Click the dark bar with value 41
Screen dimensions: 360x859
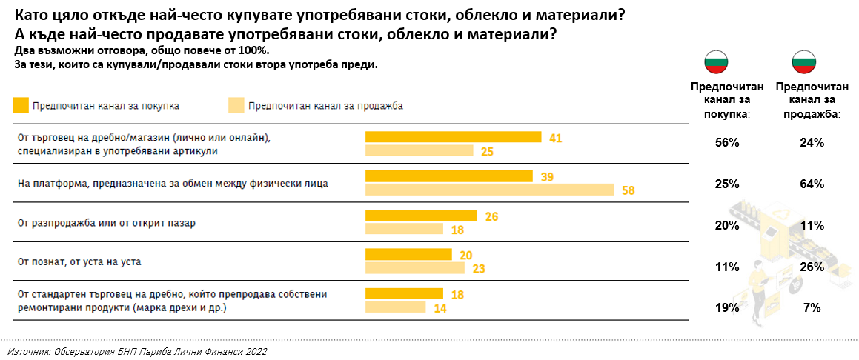pyautogui.click(x=454, y=137)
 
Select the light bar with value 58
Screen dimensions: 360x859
pyautogui.click(x=490, y=190)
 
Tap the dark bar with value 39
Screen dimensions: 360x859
pyautogui.click(x=449, y=176)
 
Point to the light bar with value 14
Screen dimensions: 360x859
pyautogui.click(x=396, y=307)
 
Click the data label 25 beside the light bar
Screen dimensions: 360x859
pyautogui.click(x=487, y=151)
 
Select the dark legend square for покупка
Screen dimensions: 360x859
pyautogui.click(x=21, y=105)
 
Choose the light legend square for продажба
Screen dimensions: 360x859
pyautogui.click(x=235, y=105)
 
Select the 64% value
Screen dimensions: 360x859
pyautogui.click(x=812, y=183)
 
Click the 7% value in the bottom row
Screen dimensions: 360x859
pyautogui.click(x=812, y=307)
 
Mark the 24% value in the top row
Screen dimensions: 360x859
pyautogui.click(x=812, y=143)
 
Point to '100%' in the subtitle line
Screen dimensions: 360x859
pyautogui.click(x=254, y=50)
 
